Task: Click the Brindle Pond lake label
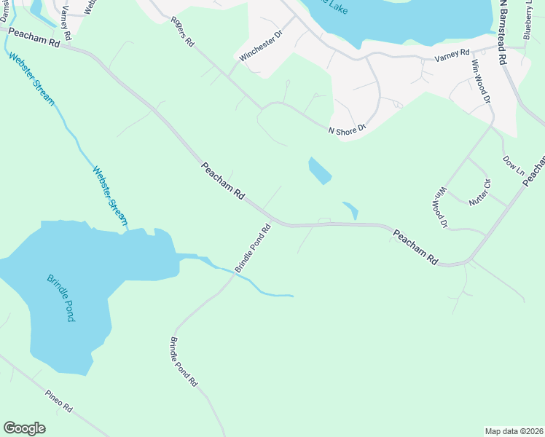pyautogui.click(x=66, y=299)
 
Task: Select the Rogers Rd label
pyautogui.click(x=183, y=32)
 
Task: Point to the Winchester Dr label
pyautogui.click(x=260, y=44)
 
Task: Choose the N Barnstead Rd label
pyautogui.click(x=503, y=34)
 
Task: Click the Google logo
pyautogui.click(x=24, y=428)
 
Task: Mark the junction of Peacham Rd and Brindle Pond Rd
pyautogui.click(x=273, y=220)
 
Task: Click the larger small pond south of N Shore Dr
pyautogui.click(x=319, y=170)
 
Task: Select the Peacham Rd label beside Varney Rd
pyautogui.click(x=34, y=38)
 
